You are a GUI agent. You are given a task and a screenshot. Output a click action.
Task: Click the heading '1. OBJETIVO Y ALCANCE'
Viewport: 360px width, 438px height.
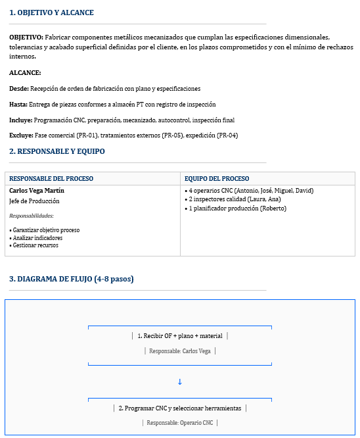51,12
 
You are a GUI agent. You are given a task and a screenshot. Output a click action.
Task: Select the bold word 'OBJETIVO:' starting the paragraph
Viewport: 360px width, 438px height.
26,37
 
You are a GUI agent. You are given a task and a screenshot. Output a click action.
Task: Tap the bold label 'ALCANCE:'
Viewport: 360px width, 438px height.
25,73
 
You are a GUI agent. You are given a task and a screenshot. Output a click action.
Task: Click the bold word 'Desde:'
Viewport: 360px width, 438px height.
19,89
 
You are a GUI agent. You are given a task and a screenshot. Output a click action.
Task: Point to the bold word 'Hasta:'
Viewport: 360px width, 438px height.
18,105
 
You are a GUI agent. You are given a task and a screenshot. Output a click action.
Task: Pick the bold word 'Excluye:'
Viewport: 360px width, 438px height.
21,135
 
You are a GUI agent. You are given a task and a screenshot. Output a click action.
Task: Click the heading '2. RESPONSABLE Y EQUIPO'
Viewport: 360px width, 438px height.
57,151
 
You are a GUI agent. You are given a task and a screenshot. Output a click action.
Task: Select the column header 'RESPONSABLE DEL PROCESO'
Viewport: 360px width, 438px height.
51,178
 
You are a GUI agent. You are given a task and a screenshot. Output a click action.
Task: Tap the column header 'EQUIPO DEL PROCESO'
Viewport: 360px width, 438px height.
217,178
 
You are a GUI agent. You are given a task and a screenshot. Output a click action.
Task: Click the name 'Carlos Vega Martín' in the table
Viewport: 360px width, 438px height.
37,191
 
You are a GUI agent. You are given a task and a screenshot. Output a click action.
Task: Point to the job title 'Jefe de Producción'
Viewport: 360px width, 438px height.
34,201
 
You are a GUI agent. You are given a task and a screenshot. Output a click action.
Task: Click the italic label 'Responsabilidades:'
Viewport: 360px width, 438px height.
32,216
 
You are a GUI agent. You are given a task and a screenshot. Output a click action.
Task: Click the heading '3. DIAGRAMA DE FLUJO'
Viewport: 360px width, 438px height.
72,279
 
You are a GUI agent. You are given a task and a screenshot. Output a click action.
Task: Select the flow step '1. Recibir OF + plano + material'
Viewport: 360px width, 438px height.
179,336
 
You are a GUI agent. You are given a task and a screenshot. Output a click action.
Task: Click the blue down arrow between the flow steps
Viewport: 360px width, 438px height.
179,382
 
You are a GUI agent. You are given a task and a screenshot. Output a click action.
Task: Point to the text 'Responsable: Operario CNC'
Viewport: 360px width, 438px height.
179,423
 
